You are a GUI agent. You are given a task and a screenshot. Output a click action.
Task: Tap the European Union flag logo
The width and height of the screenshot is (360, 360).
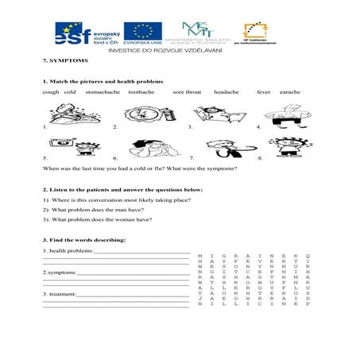pos(142,34)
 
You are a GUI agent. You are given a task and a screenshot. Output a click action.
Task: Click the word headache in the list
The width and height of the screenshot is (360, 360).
pos(226,92)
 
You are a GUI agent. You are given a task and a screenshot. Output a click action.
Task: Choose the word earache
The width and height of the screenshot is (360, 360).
pos(289,92)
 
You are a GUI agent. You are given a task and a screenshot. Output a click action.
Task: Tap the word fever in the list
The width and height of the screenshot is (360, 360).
pos(263,92)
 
